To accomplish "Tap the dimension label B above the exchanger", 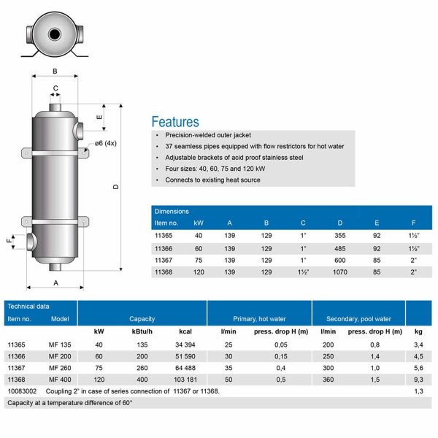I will point(55,71).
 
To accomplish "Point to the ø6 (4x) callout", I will point(105,143).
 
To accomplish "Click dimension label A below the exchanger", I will point(55,280).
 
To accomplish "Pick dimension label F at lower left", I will point(9,240).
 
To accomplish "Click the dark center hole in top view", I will point(55,34).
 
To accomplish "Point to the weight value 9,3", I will point(419,380).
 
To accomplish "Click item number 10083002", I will point(23,391).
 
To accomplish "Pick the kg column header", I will point(419,332).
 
